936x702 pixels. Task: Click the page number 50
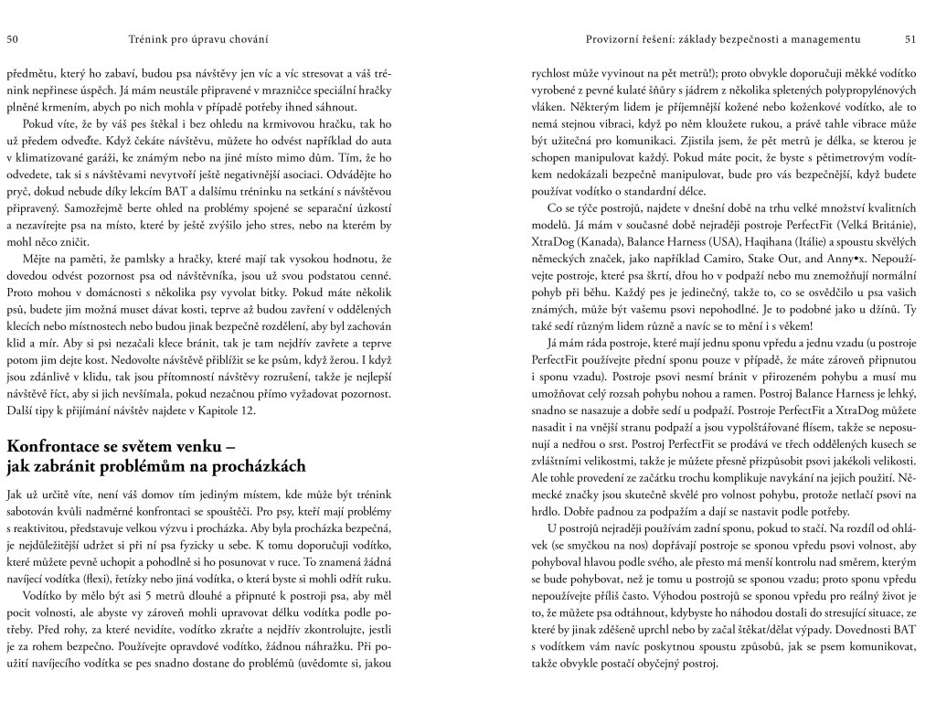coord(14,38)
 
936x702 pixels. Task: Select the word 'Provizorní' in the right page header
coord(619,38)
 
